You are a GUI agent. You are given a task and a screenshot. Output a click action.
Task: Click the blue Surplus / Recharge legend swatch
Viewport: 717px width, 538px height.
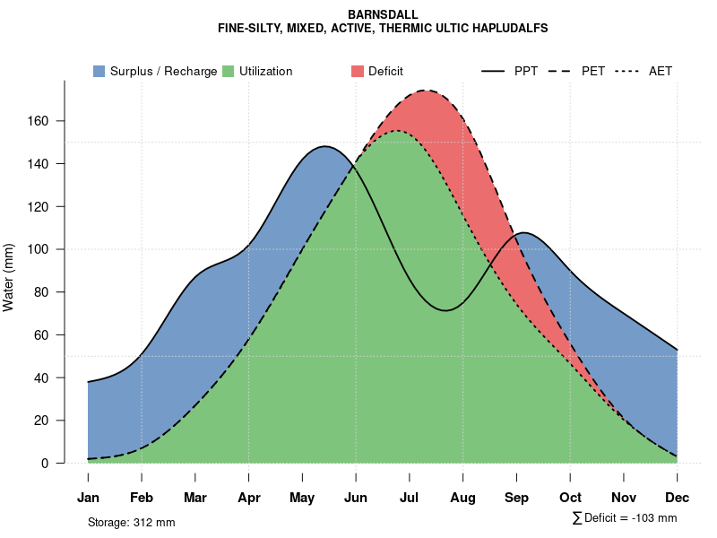(x=99, y=71)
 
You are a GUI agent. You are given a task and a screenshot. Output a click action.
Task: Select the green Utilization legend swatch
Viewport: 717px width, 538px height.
(x=228, y=71)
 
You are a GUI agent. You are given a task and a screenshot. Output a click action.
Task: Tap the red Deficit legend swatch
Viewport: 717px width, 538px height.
(x=357, y=71)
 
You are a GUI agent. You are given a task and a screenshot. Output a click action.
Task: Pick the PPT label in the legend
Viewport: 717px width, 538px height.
(x=526, y=71)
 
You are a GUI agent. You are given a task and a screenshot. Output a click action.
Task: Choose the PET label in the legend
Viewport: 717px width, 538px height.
(x=592, y=71)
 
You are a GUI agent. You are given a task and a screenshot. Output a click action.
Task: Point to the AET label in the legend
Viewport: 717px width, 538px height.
(x=661, y=71)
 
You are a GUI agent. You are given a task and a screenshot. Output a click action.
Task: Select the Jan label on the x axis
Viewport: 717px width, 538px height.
(x=88, y=498)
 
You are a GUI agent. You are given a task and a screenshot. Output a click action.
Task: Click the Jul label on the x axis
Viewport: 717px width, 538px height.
(x=410, y=498)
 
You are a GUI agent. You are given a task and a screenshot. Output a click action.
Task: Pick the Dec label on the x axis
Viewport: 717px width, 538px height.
(x=677, y=498)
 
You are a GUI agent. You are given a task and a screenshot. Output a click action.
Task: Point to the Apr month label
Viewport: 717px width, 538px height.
(x=249, y=498)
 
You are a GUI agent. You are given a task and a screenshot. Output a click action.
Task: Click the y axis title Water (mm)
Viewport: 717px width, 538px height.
(x=9, y=277)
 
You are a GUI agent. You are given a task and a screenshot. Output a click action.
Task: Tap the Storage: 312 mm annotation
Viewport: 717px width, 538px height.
(x=131, y=523)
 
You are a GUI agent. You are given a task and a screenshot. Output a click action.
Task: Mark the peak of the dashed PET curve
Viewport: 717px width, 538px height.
(x=427, y=91)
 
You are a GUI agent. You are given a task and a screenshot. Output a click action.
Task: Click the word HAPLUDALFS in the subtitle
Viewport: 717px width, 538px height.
(x=505, y=29)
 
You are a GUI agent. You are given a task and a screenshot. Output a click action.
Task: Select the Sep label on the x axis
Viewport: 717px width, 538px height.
(x=516, y=498)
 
